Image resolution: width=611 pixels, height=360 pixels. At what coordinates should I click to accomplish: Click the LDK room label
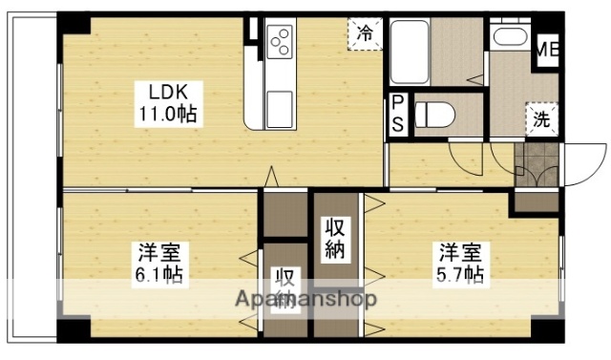point(167,93)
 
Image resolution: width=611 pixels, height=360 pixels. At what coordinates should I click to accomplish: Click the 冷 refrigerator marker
point(365,32)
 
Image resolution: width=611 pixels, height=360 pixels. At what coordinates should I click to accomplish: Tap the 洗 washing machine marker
point(540,120)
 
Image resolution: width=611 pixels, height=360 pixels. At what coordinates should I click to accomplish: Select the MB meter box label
point(547,48)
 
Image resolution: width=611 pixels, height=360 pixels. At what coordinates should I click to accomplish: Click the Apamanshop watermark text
point(305,299)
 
